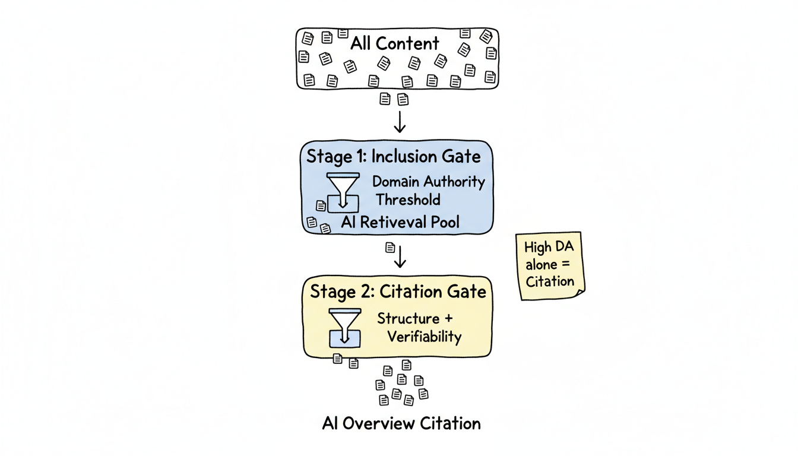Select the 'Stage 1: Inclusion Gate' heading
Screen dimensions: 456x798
tap(394, 157)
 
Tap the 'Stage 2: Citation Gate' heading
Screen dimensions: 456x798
tap(398, 292)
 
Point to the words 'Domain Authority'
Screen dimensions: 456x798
tap(428, 182)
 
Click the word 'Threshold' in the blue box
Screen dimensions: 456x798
tap(407, 199)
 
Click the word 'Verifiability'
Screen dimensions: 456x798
tap(424, 337)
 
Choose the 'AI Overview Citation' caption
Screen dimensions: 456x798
tap(401, 423)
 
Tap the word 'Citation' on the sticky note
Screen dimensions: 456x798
tap(550, 281)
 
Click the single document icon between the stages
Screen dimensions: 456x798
tap(390, 246)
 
